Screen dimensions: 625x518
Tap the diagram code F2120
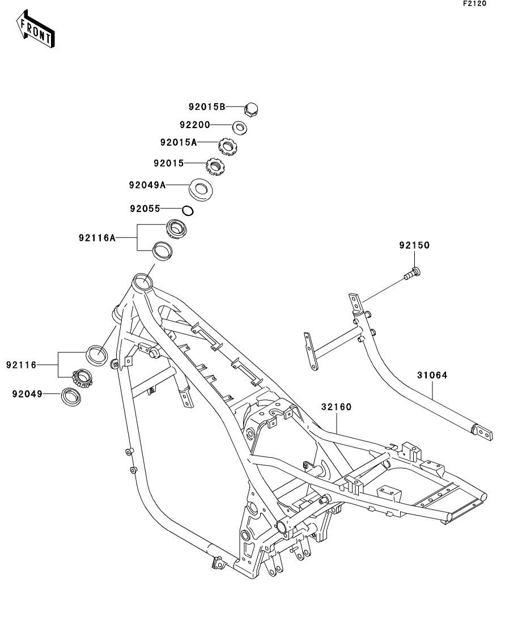pos(475,3)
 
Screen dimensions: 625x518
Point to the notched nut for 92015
pos(215,165)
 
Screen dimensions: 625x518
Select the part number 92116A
pos(97,238)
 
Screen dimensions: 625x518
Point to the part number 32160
pos(336,406)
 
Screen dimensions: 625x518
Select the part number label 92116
pos(22,365)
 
